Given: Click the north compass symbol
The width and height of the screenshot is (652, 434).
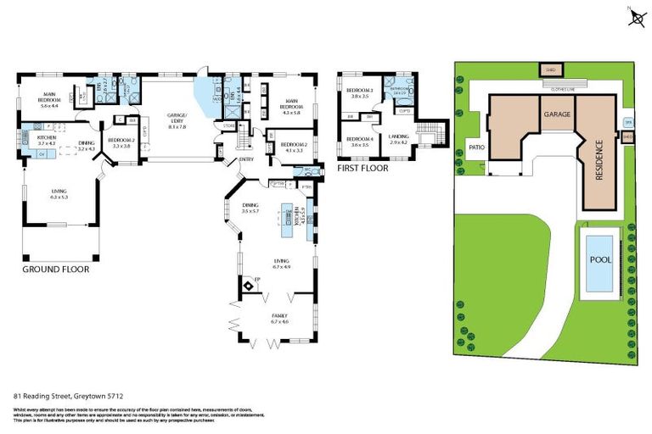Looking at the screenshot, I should click(635, 17).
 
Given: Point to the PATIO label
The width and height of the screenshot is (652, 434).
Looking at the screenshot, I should click(475, 147).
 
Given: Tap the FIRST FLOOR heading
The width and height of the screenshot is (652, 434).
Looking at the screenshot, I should click(363, 169).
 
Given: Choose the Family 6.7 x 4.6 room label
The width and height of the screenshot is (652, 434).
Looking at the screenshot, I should click(279, 319).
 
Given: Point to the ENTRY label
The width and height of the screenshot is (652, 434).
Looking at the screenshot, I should click(245, 159).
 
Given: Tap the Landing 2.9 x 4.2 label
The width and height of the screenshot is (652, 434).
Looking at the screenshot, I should click(398, 140).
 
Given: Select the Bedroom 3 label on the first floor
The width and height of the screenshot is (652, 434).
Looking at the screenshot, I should click(360, 92).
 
